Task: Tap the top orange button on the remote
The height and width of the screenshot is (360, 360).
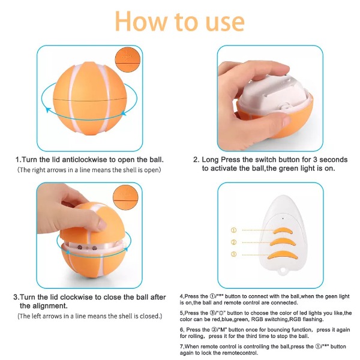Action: (x=283, y=231)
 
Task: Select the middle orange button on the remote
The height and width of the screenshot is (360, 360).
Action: (x=283, y=242)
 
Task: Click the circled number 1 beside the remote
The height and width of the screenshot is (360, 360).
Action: (x=233, y=230)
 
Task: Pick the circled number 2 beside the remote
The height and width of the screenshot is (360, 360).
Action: (x=233, y=242)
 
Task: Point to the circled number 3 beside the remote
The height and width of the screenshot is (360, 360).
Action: (x=233, y=254)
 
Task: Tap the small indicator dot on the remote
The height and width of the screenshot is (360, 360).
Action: (x=283, y=218)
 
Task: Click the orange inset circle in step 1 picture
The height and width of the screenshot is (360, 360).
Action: (x=128, y=59)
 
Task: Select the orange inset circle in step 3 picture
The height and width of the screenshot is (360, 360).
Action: (x=125, y=197)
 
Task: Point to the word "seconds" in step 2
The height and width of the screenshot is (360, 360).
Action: (x=334, y=160)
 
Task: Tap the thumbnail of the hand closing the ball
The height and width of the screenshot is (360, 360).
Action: (x=89, y=235)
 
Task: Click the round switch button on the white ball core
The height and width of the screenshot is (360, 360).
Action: (x=286, y=107)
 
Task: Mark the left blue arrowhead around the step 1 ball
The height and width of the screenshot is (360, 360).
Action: (x=48, y=110)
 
